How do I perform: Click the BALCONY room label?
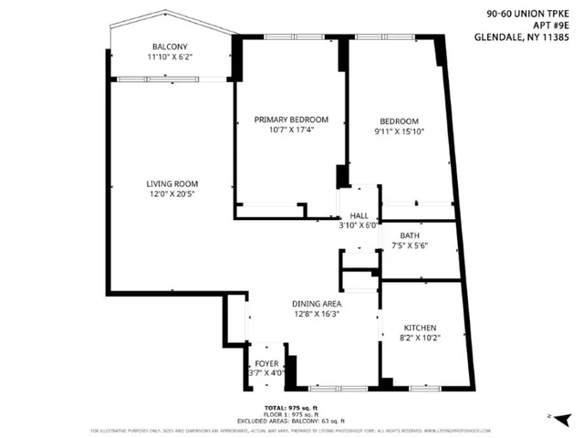pyautogui.click(x=170, y=47)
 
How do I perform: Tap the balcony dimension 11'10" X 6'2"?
pyautogui.click(x=170, y=57)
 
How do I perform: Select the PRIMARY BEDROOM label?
pyautogui.click(x=291, y=120)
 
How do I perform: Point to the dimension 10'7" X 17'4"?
pyautogui.click(x=291, y=130)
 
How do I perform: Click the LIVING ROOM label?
pyautogui.click(x=172, y=183)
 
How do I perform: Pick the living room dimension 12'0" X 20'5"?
pyautogui.click(x=172, y=194)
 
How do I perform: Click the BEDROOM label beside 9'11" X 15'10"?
pyautogui.click(x=399, y=121)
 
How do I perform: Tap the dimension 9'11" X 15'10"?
pyautogui.click(x=399, y=132)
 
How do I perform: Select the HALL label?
pyautogui.click(x=359, y=214)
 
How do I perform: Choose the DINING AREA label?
pyautogui.click(x=318, y=303)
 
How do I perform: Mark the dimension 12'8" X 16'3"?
pyautogui.click(x=318, y=314)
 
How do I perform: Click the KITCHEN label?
pyautogui.click(x=420, y=328)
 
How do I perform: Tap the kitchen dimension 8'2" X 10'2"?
pyautogui.click(x=420, y=339)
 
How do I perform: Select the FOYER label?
pyautogui.click(x=266, y=362)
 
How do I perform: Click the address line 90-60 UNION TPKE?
pyautogui.click(x=523, y=14)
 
